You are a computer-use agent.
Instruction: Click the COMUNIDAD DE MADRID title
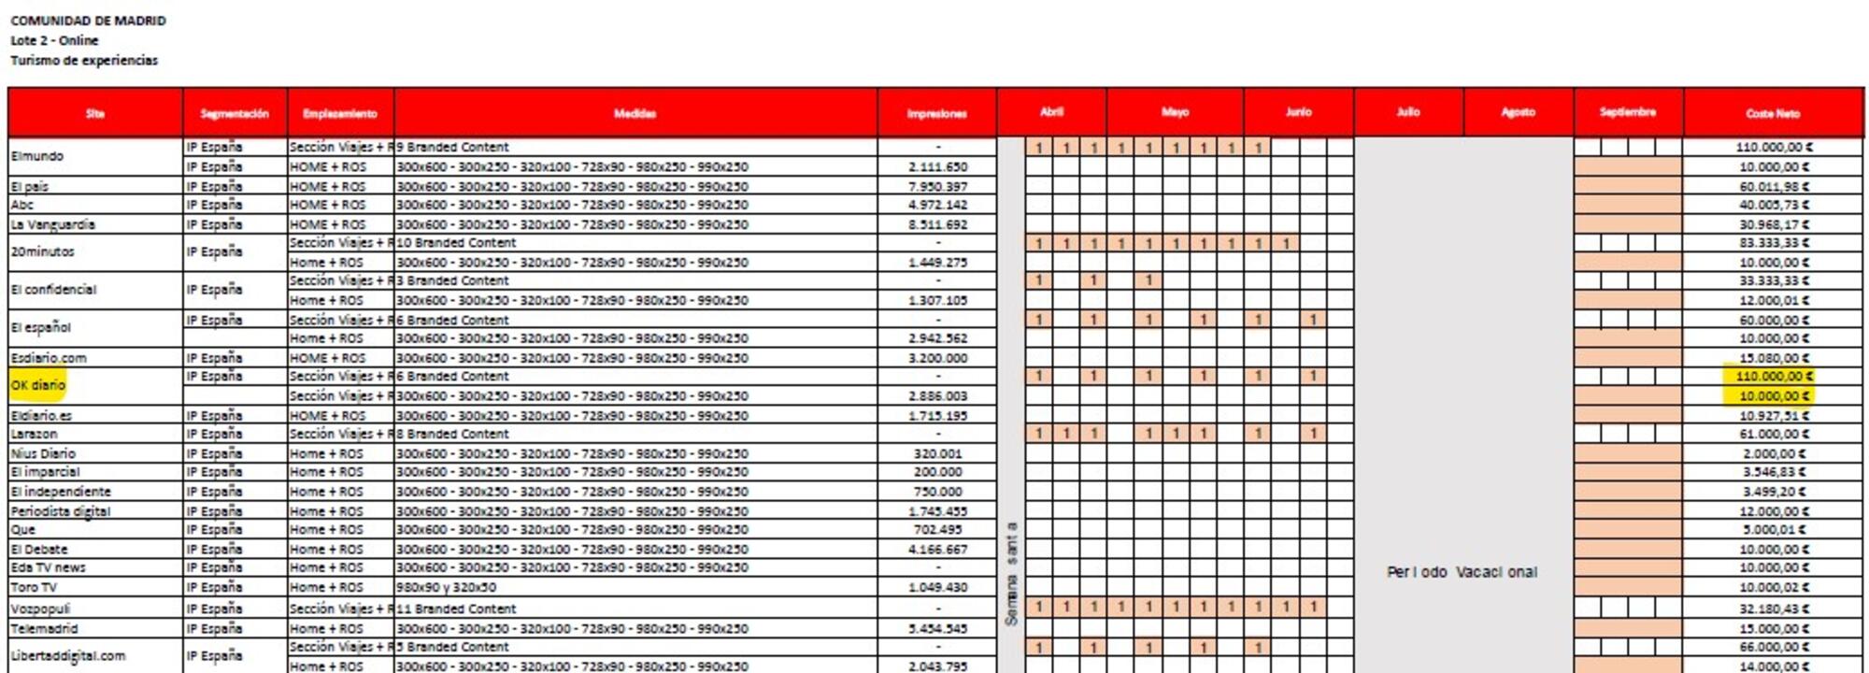88,21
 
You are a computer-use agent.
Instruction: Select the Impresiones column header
936,113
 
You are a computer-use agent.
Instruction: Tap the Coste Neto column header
1772,113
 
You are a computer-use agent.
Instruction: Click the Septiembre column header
1627,112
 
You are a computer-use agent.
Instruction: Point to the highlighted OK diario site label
38,385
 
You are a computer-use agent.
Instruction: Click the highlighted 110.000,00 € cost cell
1772,376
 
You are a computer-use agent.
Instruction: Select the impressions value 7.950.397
937,186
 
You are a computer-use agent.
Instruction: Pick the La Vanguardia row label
52,224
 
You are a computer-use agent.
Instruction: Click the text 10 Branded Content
456,243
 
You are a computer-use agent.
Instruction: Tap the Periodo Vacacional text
1462,572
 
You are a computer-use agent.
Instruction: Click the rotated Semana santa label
1010,573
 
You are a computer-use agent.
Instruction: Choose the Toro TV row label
34,587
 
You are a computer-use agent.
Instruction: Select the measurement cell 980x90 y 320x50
446,587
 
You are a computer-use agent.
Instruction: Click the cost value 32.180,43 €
1772,609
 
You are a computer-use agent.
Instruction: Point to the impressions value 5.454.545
937,629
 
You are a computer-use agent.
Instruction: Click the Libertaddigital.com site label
67,656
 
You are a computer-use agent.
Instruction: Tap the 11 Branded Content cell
456,609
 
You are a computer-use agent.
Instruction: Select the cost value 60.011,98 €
1772,186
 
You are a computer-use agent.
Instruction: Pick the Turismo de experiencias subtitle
84,61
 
